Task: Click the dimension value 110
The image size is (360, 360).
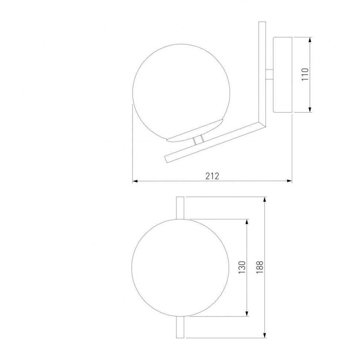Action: [305, 74]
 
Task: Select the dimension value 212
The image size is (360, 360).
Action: [212, 176]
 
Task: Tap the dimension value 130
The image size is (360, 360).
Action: [242, 267]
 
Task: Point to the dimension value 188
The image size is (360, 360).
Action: [259, 267]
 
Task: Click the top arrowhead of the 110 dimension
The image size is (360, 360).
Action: [310, 40]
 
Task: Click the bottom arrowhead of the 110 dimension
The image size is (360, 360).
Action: [310, 109]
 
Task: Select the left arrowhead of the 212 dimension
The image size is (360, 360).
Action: [135, 181]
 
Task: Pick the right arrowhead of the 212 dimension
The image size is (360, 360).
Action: [289, 181]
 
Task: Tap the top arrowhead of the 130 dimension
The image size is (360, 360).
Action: [247, 222]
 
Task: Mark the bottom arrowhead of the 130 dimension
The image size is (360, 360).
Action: [247, 314]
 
